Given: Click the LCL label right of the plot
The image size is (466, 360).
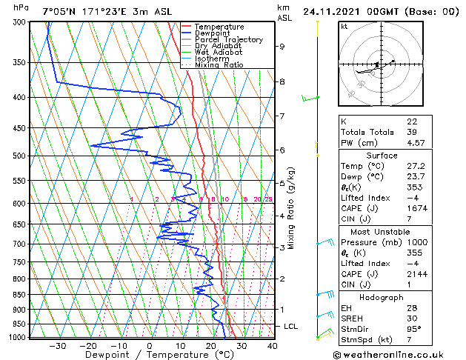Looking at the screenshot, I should [291, 327].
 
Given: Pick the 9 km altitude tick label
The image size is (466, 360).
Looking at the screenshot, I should [282, 47].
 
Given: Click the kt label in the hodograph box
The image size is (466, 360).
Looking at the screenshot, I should [344, 26].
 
